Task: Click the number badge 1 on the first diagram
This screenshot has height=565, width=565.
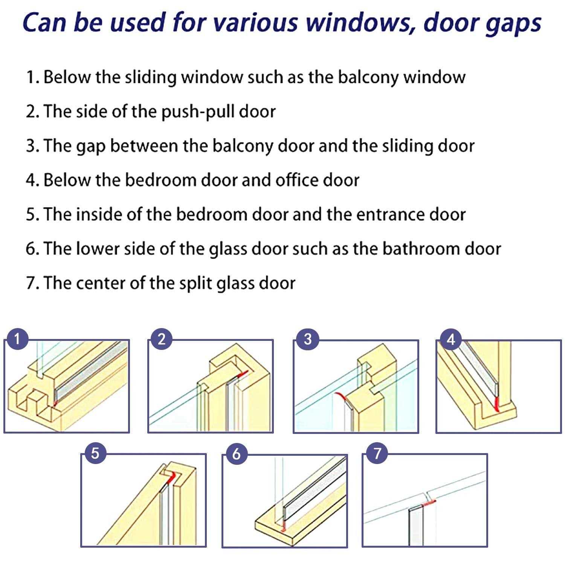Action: (x=17, y=339)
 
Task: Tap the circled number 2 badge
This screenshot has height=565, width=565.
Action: (x=162, y=339)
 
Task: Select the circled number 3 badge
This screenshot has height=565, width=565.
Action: (x=307, y=339)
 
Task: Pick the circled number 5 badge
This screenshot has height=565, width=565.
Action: (x=95, y=453)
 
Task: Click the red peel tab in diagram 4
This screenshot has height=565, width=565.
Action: (x=497, y=404)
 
